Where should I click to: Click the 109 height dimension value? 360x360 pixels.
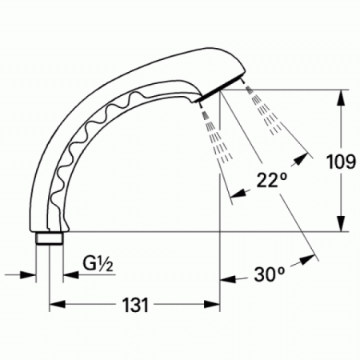[x=341, y=162]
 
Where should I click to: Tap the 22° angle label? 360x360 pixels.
[x=272, y=181]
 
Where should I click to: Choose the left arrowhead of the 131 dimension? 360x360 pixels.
[x=56, y=305]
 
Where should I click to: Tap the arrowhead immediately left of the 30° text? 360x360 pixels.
[x=226, y=279]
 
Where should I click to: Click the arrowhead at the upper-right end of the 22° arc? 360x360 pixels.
[x=305, y=153]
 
